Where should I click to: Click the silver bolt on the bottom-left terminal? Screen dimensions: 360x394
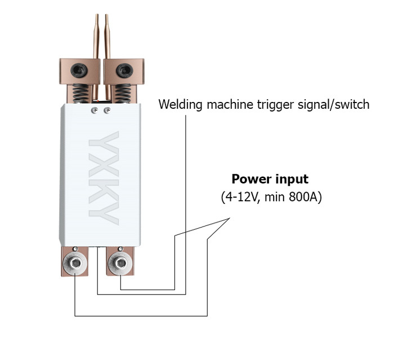pyautogui.click(x=74, y=261)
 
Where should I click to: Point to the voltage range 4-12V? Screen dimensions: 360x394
pyautogui.click(x=241, y=198)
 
